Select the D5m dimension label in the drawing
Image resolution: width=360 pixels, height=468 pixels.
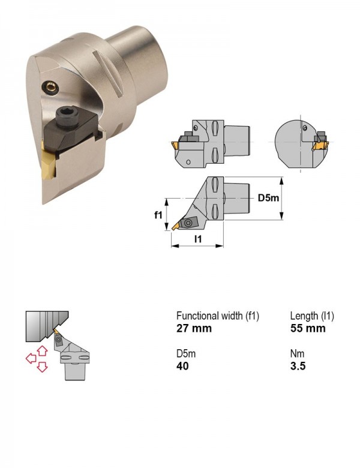click(268, 198)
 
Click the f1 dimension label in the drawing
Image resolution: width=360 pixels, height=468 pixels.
click(158, 214)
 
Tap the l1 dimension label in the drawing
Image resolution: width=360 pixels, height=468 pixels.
click(198, 239)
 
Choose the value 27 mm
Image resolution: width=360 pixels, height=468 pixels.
click(194, 328)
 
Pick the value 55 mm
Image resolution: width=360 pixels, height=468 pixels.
click(308, 328)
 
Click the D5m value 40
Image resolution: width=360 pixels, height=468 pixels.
click(182, 366)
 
